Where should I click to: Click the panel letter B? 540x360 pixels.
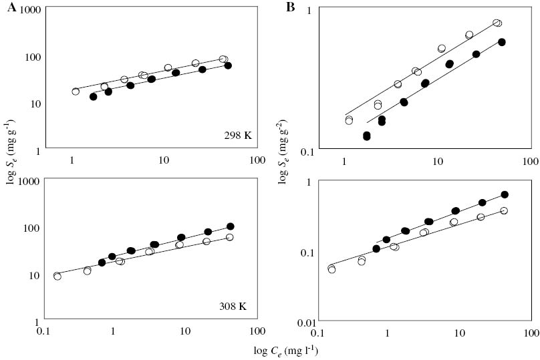pos(290,7)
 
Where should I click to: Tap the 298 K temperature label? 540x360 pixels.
pos(238,135)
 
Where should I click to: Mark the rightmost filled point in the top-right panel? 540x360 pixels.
pos(502,42)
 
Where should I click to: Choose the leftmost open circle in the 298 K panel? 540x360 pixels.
pos(76,92)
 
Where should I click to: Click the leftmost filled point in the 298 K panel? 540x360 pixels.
pos(94,97)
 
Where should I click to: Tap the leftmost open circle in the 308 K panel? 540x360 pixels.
pos(57,277)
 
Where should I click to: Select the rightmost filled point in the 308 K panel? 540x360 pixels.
pos(231,226)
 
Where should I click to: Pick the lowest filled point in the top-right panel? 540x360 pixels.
pos(367,136)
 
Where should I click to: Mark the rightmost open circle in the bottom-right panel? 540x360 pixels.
pos(504,211)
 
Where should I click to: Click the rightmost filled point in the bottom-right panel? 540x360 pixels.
pos(505,194)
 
